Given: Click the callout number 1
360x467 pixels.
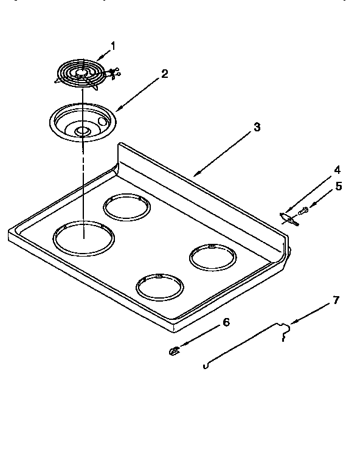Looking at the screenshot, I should (x=112, y=46).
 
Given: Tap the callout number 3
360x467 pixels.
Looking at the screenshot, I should (x=257, y=127).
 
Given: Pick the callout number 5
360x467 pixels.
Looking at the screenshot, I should (x=339, y=186).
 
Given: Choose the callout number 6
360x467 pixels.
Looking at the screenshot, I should (x=226, y=322).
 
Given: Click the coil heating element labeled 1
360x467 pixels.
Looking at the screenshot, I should (x=82, y=75).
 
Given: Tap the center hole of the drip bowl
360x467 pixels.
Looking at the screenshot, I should (x=80, y=130).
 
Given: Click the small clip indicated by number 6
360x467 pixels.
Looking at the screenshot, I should (x=174, y=350).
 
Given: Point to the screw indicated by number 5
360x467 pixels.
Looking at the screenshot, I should (x=303, y=211).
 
